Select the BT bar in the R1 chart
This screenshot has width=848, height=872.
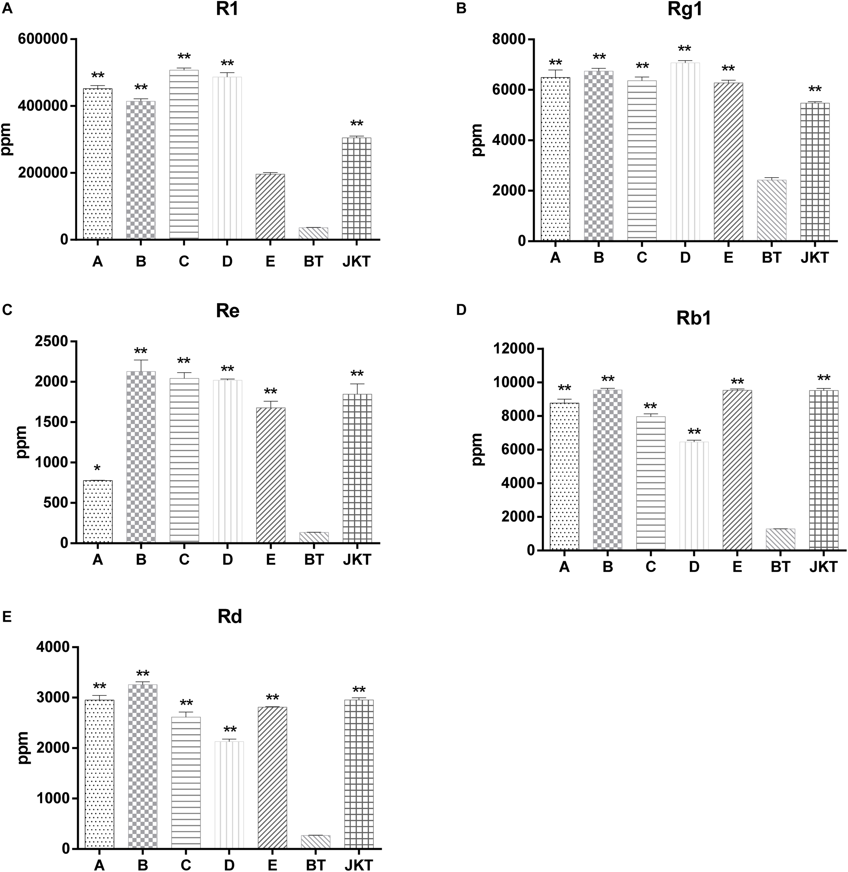[313, 234]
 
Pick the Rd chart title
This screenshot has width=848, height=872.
[230, 617]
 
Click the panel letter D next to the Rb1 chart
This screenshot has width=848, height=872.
[461, 310]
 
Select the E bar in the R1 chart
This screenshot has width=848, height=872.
[270, 206]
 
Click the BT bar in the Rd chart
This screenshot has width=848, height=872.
[316, 842]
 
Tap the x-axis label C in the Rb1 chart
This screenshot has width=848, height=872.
[651, 567]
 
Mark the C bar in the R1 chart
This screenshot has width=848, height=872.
[184, 155]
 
